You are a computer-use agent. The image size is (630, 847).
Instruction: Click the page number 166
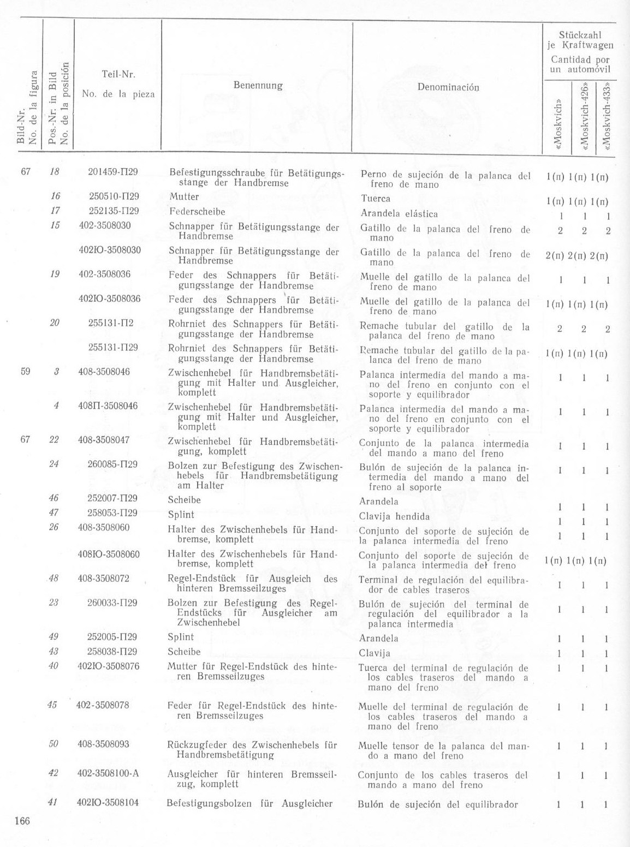tap(22, 822)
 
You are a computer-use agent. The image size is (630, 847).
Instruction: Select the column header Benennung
tap(258, 86)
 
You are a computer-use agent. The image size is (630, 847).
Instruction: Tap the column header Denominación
tap(448, 87)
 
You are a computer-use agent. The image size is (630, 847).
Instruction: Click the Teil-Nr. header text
tap(118, 74)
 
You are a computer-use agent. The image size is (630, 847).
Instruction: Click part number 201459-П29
tap(113, 172)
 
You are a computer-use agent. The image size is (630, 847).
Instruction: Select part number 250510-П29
tap(114, 196)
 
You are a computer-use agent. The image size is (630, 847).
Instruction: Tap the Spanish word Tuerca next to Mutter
tap(376, 199)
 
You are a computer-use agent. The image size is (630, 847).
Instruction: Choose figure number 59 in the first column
tap(25, 372)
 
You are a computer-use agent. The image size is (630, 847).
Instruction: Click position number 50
tap(53, 744)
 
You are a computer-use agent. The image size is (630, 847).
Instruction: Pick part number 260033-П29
tap(112, 603)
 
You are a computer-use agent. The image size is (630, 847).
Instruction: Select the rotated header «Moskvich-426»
tap(585, 117)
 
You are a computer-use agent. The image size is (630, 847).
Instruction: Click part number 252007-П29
tap(112, 498)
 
